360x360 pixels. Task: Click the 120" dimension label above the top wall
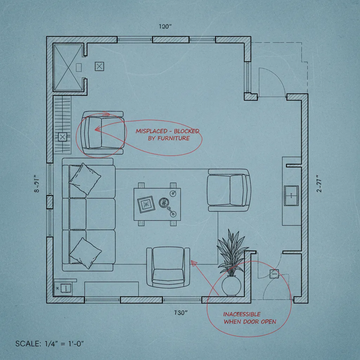click(165, 26)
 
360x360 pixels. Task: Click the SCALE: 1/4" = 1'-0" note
click(50, 343)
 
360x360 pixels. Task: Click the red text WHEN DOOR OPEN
click(250, 321)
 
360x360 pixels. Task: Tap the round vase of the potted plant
click(231, 285)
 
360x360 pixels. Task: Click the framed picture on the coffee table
click(146, 205)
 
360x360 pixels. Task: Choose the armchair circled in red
click(102, 133)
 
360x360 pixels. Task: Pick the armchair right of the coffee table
click(229, 190)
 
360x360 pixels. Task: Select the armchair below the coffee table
click(168, 267)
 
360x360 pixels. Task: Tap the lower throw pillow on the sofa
click(85, 251)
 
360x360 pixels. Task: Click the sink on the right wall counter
click(291, 196)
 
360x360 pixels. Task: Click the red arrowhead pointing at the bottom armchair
click(192, 262)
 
